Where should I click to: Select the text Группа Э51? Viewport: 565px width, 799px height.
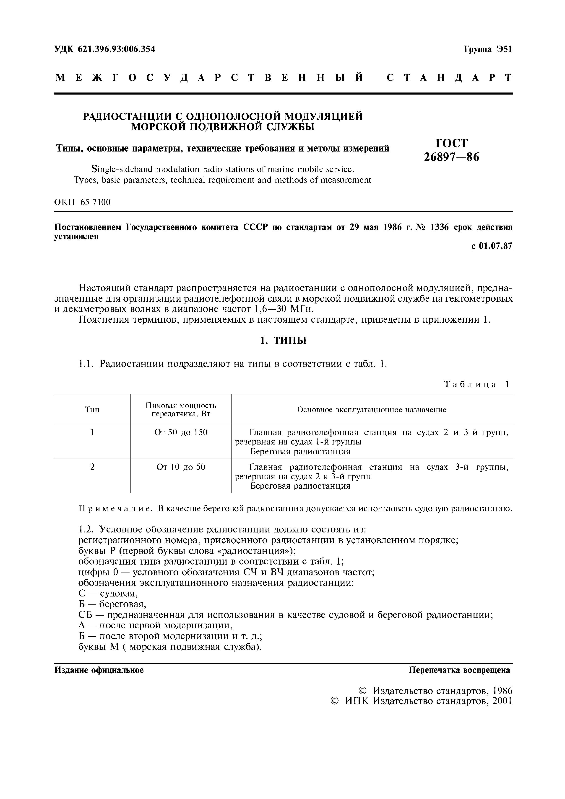click(x=488, y=49)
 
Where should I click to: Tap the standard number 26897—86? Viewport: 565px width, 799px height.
click(x=451, y=157)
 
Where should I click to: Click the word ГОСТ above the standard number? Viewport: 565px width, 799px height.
click(x=451, y=143)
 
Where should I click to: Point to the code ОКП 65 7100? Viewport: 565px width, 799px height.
click(x=83, y=202)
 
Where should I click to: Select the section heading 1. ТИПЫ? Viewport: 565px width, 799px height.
click(x=283, y=340)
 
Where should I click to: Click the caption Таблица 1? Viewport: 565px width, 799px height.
click(x=477, y=384)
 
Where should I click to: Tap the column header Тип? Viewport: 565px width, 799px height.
click(x=92, y=410)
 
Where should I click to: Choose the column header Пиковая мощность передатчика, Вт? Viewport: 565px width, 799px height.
click(x=181, y=410)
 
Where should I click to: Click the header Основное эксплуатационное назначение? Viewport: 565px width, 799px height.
click(x=372, y=410)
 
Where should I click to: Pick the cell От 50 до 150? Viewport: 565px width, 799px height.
click(x=181, y=432)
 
